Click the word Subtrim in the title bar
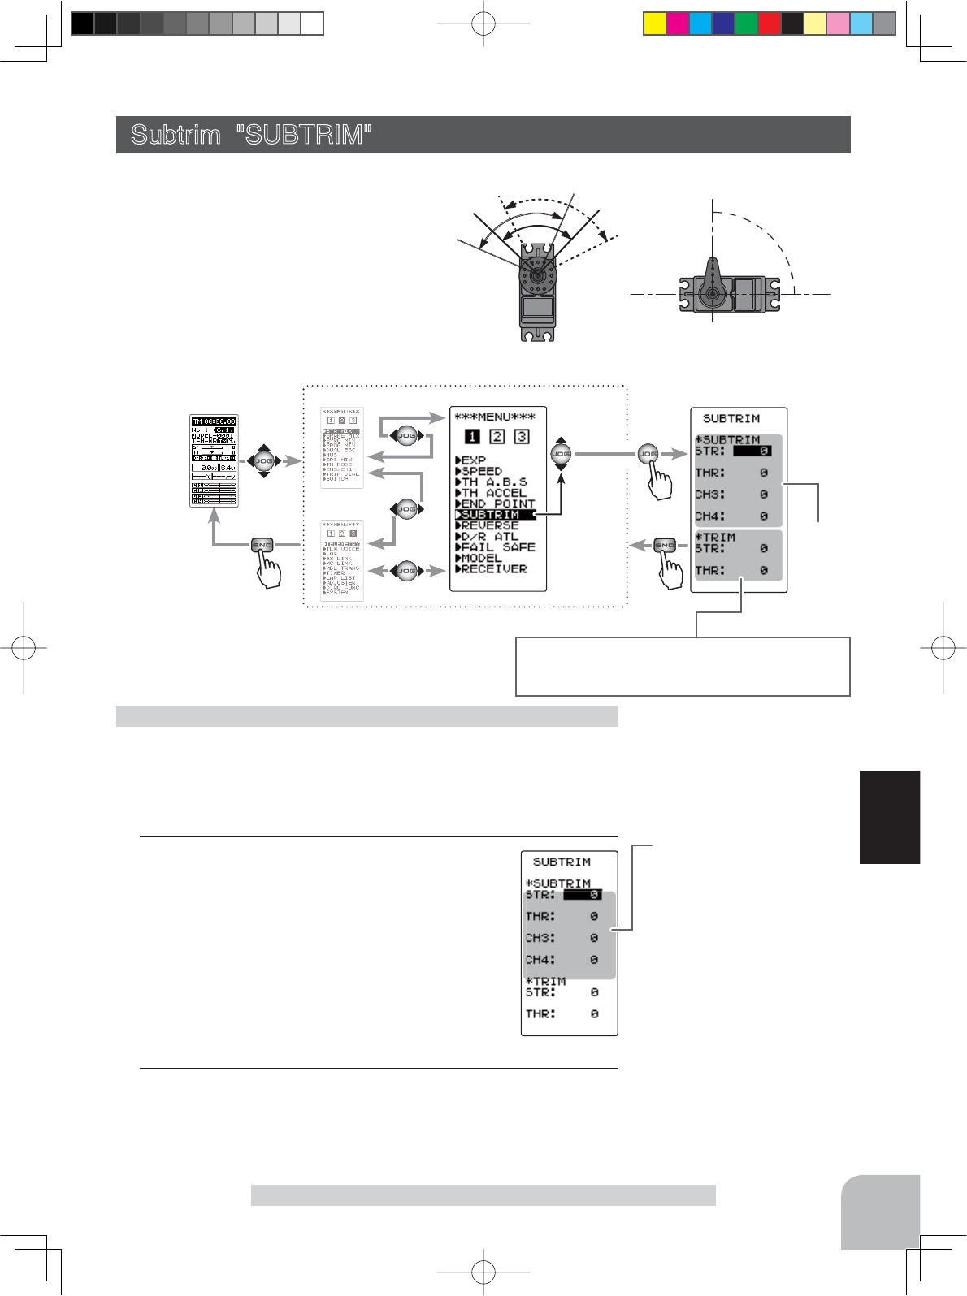tap(176, 135)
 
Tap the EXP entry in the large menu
tap(473, 460)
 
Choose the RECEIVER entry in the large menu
tap(493, 569)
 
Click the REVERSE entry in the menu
tap(489, 525)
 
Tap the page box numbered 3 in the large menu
tap(522, 437)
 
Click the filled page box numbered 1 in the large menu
tap(472, 437)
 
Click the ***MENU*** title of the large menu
tap(494, 417)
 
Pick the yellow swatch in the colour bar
tap(654, 24)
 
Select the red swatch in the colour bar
tap(769, 24)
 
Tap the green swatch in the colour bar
tap(746, 24)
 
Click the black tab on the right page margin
tap(889, 817)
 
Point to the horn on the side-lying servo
tap(712, 280)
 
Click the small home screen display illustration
tap(214, 460)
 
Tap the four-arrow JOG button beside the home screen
tap(263, 461)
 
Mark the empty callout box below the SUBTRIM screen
tap(683, 667)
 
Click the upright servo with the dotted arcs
tap(537, 292)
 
